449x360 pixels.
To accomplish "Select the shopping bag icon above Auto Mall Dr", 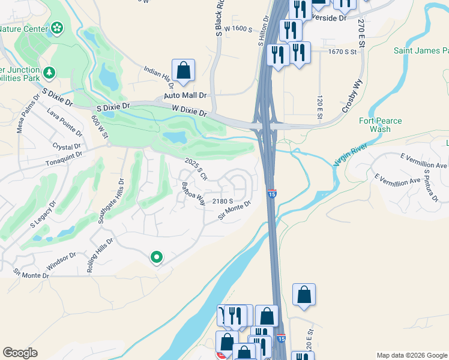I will [x=183, y=70].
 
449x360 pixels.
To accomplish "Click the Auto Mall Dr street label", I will [x=185, y=95].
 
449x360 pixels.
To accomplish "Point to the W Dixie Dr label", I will [x=189, y=111].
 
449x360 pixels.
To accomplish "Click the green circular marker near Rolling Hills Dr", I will [x=157, y=257].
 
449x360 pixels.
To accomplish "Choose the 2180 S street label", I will [x=222, y=202].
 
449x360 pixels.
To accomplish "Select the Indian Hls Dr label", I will [x=158, y=76].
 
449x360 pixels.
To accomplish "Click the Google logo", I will [x=20, y=353].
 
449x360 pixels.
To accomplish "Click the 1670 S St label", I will [x=342, y=52].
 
